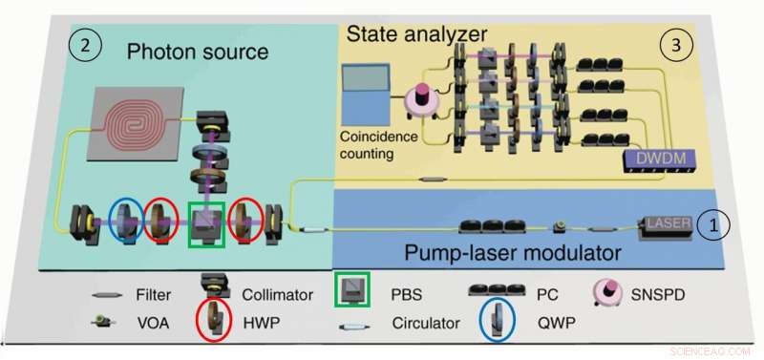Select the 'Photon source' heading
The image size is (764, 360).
198,52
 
